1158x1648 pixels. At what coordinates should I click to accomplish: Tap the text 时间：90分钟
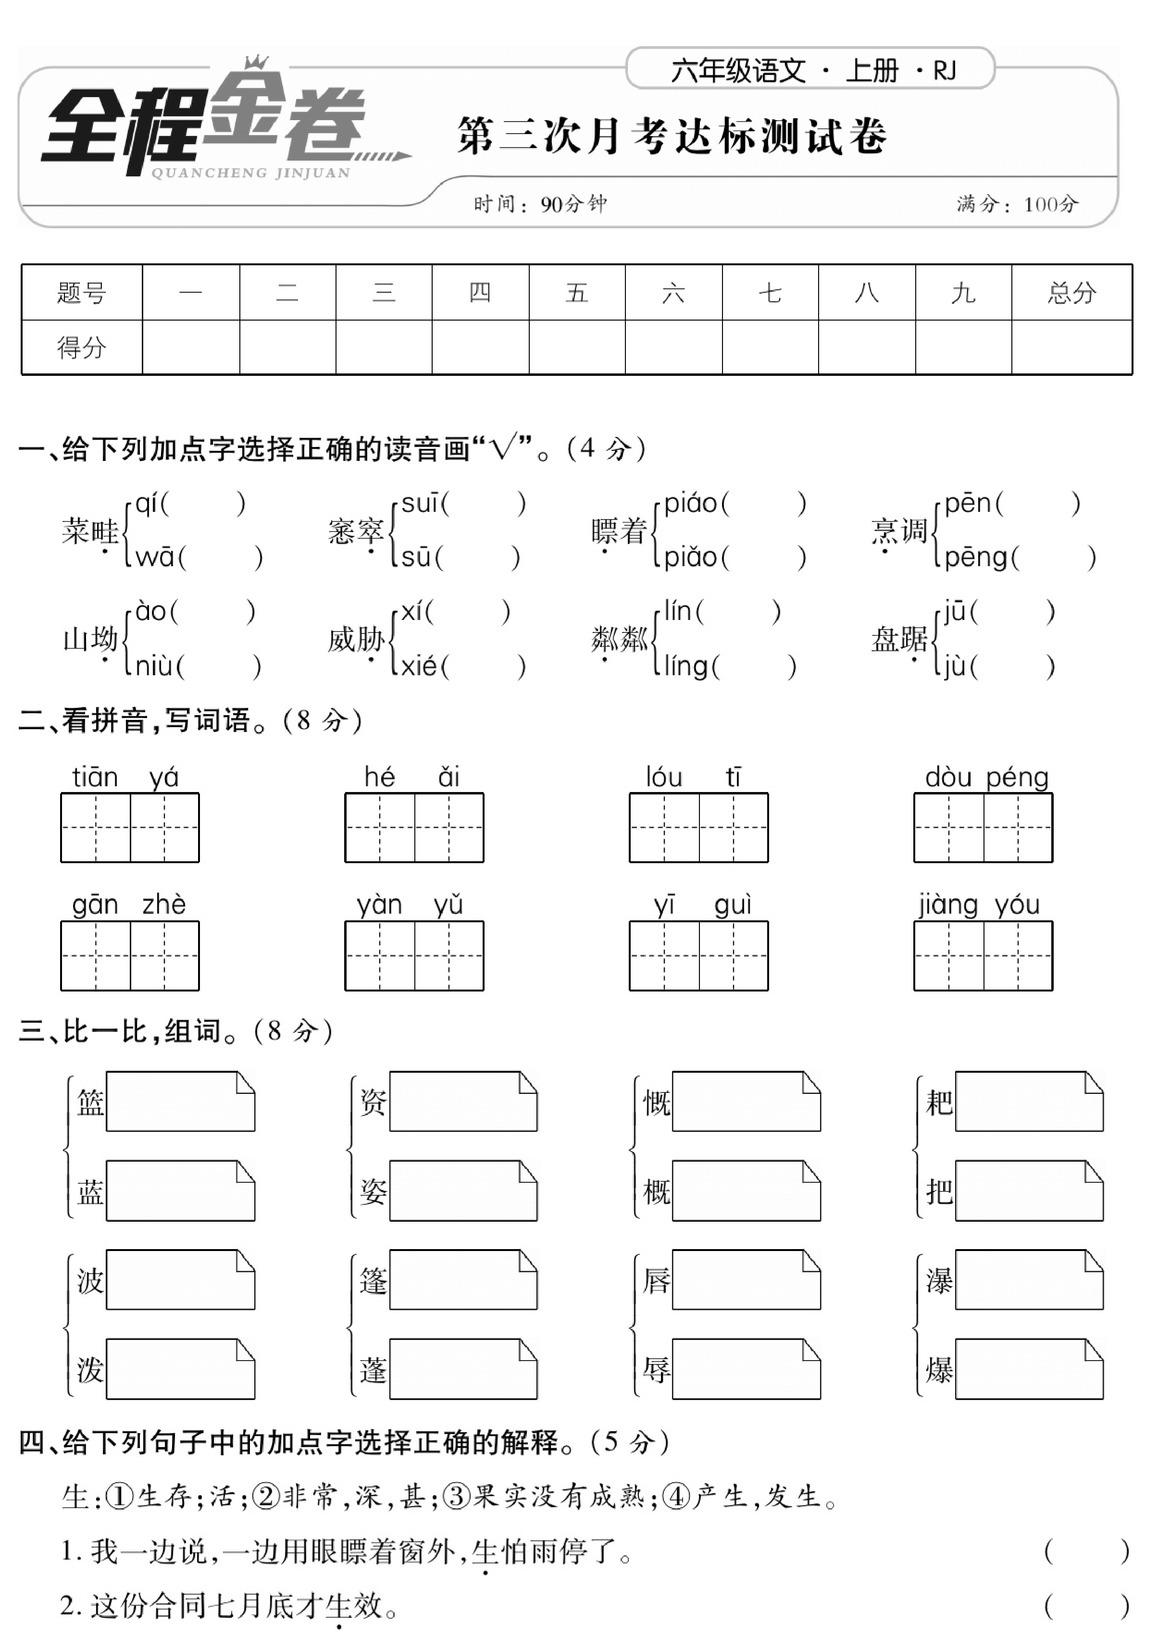(x=540, y=205)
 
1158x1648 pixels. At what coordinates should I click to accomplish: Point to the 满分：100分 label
(x=1017, y=205)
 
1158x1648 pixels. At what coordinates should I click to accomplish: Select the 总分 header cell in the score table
(x=1071, y=293)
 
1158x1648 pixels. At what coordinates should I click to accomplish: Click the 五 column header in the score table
(x=576, y=293)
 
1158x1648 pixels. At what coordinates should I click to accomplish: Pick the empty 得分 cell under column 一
(x=190, y=347)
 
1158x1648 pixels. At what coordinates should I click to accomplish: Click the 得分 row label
(x=81, y=347)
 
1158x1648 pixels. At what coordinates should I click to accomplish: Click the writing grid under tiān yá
(x=130, y=828)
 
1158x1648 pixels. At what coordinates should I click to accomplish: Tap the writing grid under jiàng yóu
(x=983, y=955)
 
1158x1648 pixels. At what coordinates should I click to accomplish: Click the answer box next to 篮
(x=180, y=1102)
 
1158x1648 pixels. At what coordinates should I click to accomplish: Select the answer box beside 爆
(x=1029, y=1369)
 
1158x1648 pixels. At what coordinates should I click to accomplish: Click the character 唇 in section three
(x=656, y=1280)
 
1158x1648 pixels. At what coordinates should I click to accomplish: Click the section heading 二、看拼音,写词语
(x=190, y=720)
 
